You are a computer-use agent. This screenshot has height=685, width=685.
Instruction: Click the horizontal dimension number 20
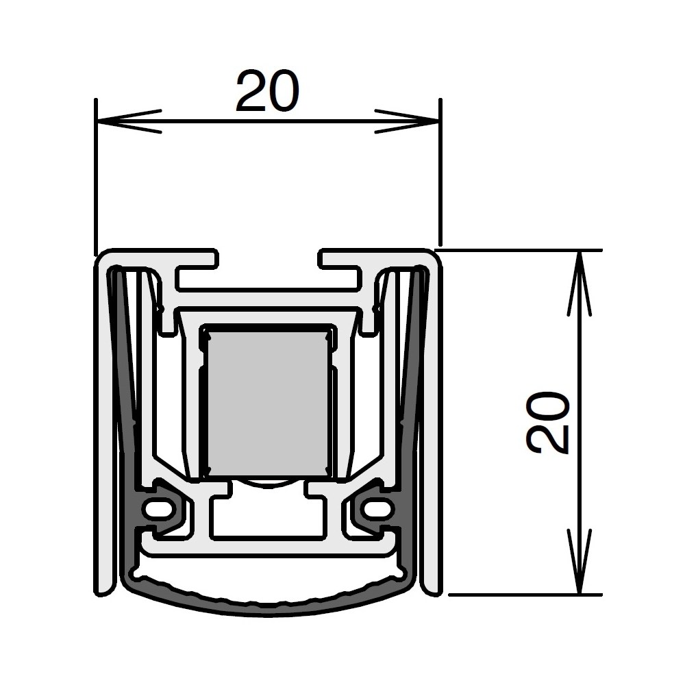(x=268, y=90)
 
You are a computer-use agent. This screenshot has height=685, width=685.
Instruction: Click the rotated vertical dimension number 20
(x=548, y=423)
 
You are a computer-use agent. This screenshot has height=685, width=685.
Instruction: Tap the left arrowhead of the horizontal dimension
(x=129, y=121)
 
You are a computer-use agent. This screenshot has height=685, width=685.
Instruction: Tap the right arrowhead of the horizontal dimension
(x=407, y=121)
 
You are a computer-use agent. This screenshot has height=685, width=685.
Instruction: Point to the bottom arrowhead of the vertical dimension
(x=580, y=562)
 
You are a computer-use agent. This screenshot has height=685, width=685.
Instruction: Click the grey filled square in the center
(x=268, y=403)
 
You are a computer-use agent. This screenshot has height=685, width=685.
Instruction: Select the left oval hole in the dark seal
(x=158, y=509)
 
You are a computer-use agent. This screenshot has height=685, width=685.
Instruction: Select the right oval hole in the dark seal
(x=378, y=509)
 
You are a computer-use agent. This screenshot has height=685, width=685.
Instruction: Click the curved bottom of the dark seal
(x=268, y=603)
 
